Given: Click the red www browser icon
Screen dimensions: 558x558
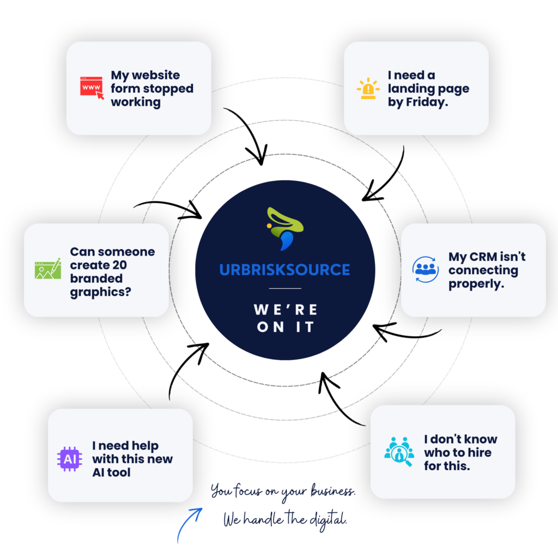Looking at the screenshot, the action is (92, 88).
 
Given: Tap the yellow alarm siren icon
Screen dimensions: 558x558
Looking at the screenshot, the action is (368, 88).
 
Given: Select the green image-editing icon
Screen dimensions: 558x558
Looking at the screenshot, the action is (48, 269).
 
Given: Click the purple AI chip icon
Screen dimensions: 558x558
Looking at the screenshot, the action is (70, 459).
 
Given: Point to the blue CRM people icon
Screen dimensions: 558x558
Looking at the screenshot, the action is (425, 269).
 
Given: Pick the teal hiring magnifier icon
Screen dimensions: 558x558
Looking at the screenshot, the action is (399, 451).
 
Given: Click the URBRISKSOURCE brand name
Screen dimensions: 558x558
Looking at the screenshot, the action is (284, 270).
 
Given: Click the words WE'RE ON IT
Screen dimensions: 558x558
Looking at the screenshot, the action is (286, 318).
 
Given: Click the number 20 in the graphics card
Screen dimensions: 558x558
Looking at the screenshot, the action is (119, 265).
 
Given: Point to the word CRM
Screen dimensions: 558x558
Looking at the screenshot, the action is (483, 257).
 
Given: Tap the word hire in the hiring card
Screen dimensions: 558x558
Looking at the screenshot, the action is (480, 452).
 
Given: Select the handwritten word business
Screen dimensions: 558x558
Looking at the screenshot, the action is (333, 491).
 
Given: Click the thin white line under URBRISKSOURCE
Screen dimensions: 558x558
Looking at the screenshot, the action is (285, 288).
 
